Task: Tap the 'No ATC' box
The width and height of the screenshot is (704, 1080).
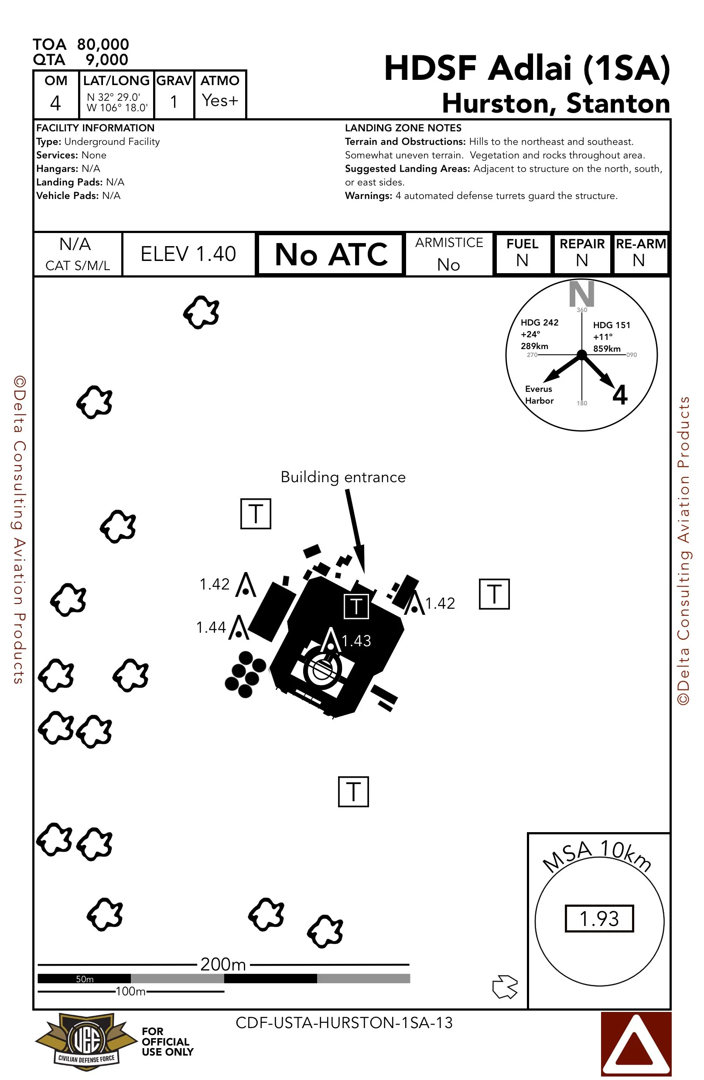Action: tap(331, 254)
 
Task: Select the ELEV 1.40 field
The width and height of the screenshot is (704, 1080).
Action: tap(188, 254)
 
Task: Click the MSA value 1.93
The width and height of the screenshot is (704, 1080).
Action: tap(599, 919)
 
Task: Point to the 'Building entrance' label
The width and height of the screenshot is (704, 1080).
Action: tap(343, 477)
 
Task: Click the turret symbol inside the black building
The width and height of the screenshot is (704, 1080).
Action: tap(356, 606)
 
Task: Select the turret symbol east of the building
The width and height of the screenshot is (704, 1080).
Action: tap(494, 594)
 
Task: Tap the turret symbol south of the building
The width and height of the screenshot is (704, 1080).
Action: tap(353, 792)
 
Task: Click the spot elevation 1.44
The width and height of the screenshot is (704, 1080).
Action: tap(211, 627)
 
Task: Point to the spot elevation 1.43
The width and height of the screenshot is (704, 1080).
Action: tap(356, 641)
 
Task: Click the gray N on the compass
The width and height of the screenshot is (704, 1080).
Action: tap(581, 294)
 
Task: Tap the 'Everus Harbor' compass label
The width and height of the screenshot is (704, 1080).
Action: tap(539, 395)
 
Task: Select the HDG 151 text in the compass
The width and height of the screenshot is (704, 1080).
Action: tap(612, 326)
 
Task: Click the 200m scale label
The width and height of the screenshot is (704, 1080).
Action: tap(223, 964)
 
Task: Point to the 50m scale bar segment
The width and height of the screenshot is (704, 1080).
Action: tap(84, 979)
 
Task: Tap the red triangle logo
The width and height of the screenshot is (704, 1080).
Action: tap(636, 1044)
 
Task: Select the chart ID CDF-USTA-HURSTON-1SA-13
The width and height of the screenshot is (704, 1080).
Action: tap(344, 1023)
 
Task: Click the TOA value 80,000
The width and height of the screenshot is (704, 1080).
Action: tap(103, 45)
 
